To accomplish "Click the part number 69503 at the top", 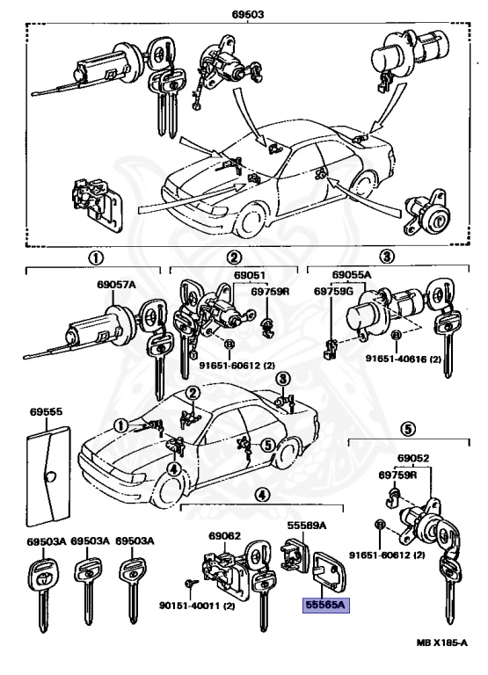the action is (x=248, y=14).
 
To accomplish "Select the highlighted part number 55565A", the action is (x=325, y=606).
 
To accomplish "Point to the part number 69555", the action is (x=46, y=411).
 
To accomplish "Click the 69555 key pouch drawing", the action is (x=48, y=476).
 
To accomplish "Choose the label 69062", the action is (x=225, y=536).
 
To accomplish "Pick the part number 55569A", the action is (x=307, y=526).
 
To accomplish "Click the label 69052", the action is (x=413, y=458).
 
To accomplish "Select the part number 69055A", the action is (x=352, y=274).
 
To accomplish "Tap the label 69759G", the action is (x=333, y=292).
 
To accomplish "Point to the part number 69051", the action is (x=250, y=275).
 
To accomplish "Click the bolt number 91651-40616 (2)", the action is (x=404, y=358).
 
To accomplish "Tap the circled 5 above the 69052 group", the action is (x=408, y=428).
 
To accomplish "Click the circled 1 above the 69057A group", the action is (x=96, y=258).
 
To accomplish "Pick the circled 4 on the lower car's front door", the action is (x=173, y=468).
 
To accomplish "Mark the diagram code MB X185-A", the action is (x=442, y=642).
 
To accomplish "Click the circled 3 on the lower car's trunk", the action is (x=282, y=380).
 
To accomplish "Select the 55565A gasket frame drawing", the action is (x=330, y=570).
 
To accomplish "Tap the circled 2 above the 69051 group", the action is (x=234, y=258).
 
